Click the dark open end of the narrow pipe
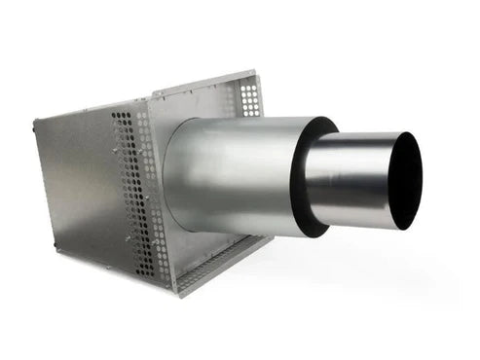(x=405, y=180)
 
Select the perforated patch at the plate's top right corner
(x=250, y=97)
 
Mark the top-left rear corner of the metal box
(x=35, y=121)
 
